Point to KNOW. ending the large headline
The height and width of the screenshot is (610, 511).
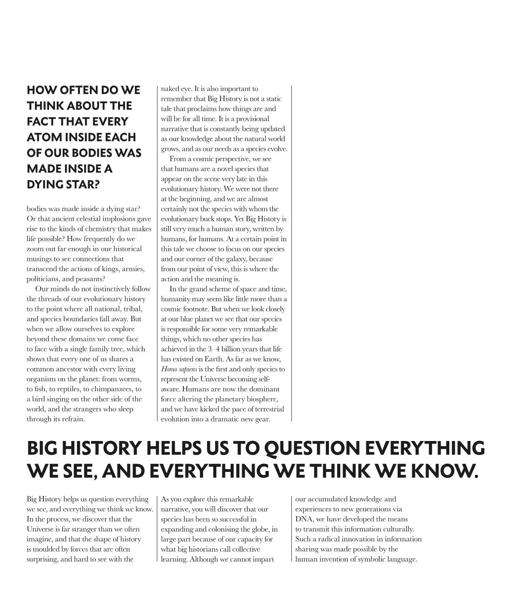pyautogui.click(x=444, y=471)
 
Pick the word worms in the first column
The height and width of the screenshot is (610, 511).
pyautogui.click(x=131, y=379)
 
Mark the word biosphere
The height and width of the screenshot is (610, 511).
pyautogui.click(x=262, y=399)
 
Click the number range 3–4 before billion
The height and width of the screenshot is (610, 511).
pyautogui.click(x=211, y=349)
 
